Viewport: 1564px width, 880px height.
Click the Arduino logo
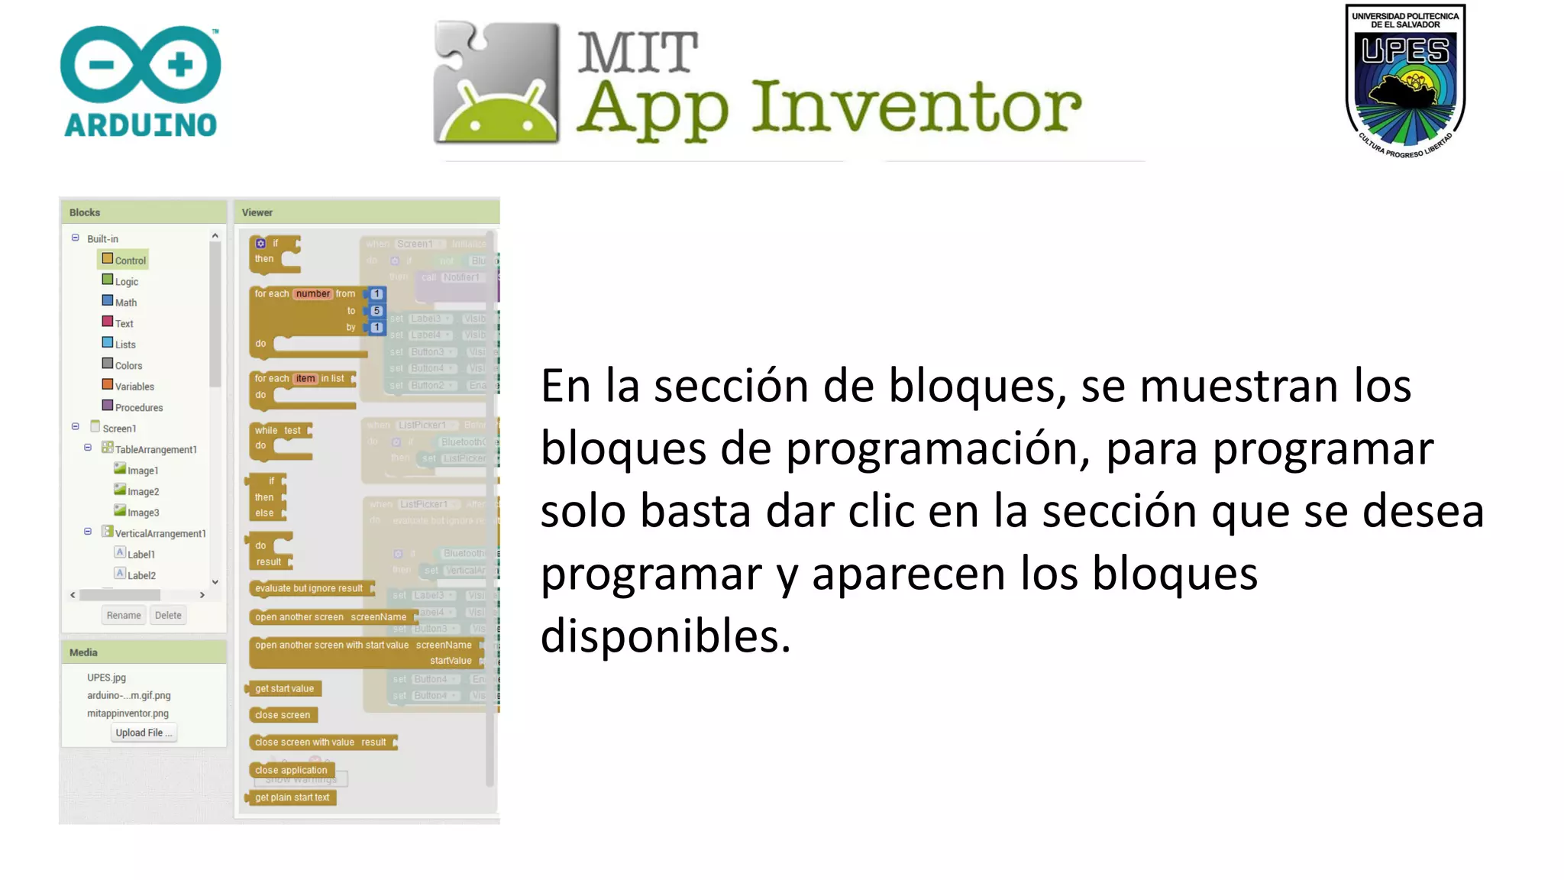click(x=141, y=82)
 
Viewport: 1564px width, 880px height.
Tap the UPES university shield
click(x=1405, y=81)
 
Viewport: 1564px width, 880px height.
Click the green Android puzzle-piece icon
click(x=496, y=82)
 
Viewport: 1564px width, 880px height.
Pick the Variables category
click(x=134, y=387)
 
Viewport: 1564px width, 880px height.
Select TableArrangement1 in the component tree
click(x=155, y=450)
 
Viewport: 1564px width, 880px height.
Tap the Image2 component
click(x=143, y=492)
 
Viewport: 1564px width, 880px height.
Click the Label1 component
click(x=141, y=555)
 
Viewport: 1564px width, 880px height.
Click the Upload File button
click(x=144, y=733)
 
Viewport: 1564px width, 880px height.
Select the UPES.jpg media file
click(x=106, y=678)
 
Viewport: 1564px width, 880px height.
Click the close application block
click(x=291, y=770)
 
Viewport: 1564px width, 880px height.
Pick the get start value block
click(x=284, y=688)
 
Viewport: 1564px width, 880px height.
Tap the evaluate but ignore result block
click(x=309, y=588)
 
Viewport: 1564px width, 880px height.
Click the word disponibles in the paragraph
click(x=664, y=636)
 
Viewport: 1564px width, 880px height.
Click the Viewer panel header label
click(x=257, y=212)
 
